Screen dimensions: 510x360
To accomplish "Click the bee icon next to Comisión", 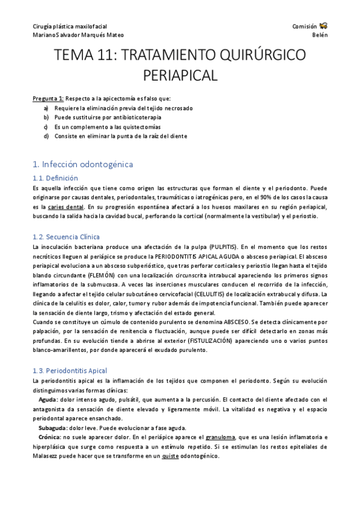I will coord(323,26).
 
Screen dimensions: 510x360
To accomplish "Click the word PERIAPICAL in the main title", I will coord(180,75).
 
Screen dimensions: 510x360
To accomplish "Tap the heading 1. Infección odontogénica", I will coord(83,164).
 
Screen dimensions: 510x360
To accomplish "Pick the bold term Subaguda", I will coord(51,428).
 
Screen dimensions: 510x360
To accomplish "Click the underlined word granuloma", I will coord(220,437).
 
